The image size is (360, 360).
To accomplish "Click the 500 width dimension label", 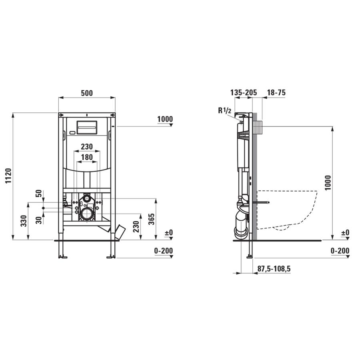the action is coord(87,93).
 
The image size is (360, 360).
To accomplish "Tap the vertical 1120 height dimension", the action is coord(8,176).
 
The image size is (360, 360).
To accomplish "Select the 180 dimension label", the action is coord(87,157).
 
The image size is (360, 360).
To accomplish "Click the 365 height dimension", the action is coord(151,219).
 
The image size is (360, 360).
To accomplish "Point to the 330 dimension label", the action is coord(24,221).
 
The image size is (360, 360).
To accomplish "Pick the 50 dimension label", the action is coord(39,194).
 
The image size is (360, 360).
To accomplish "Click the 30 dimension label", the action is coord(39,220).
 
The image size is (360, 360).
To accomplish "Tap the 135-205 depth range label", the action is coord(244,92).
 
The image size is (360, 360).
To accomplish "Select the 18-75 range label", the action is coord(276,92).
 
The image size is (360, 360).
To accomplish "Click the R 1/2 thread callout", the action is coord(224,111).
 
